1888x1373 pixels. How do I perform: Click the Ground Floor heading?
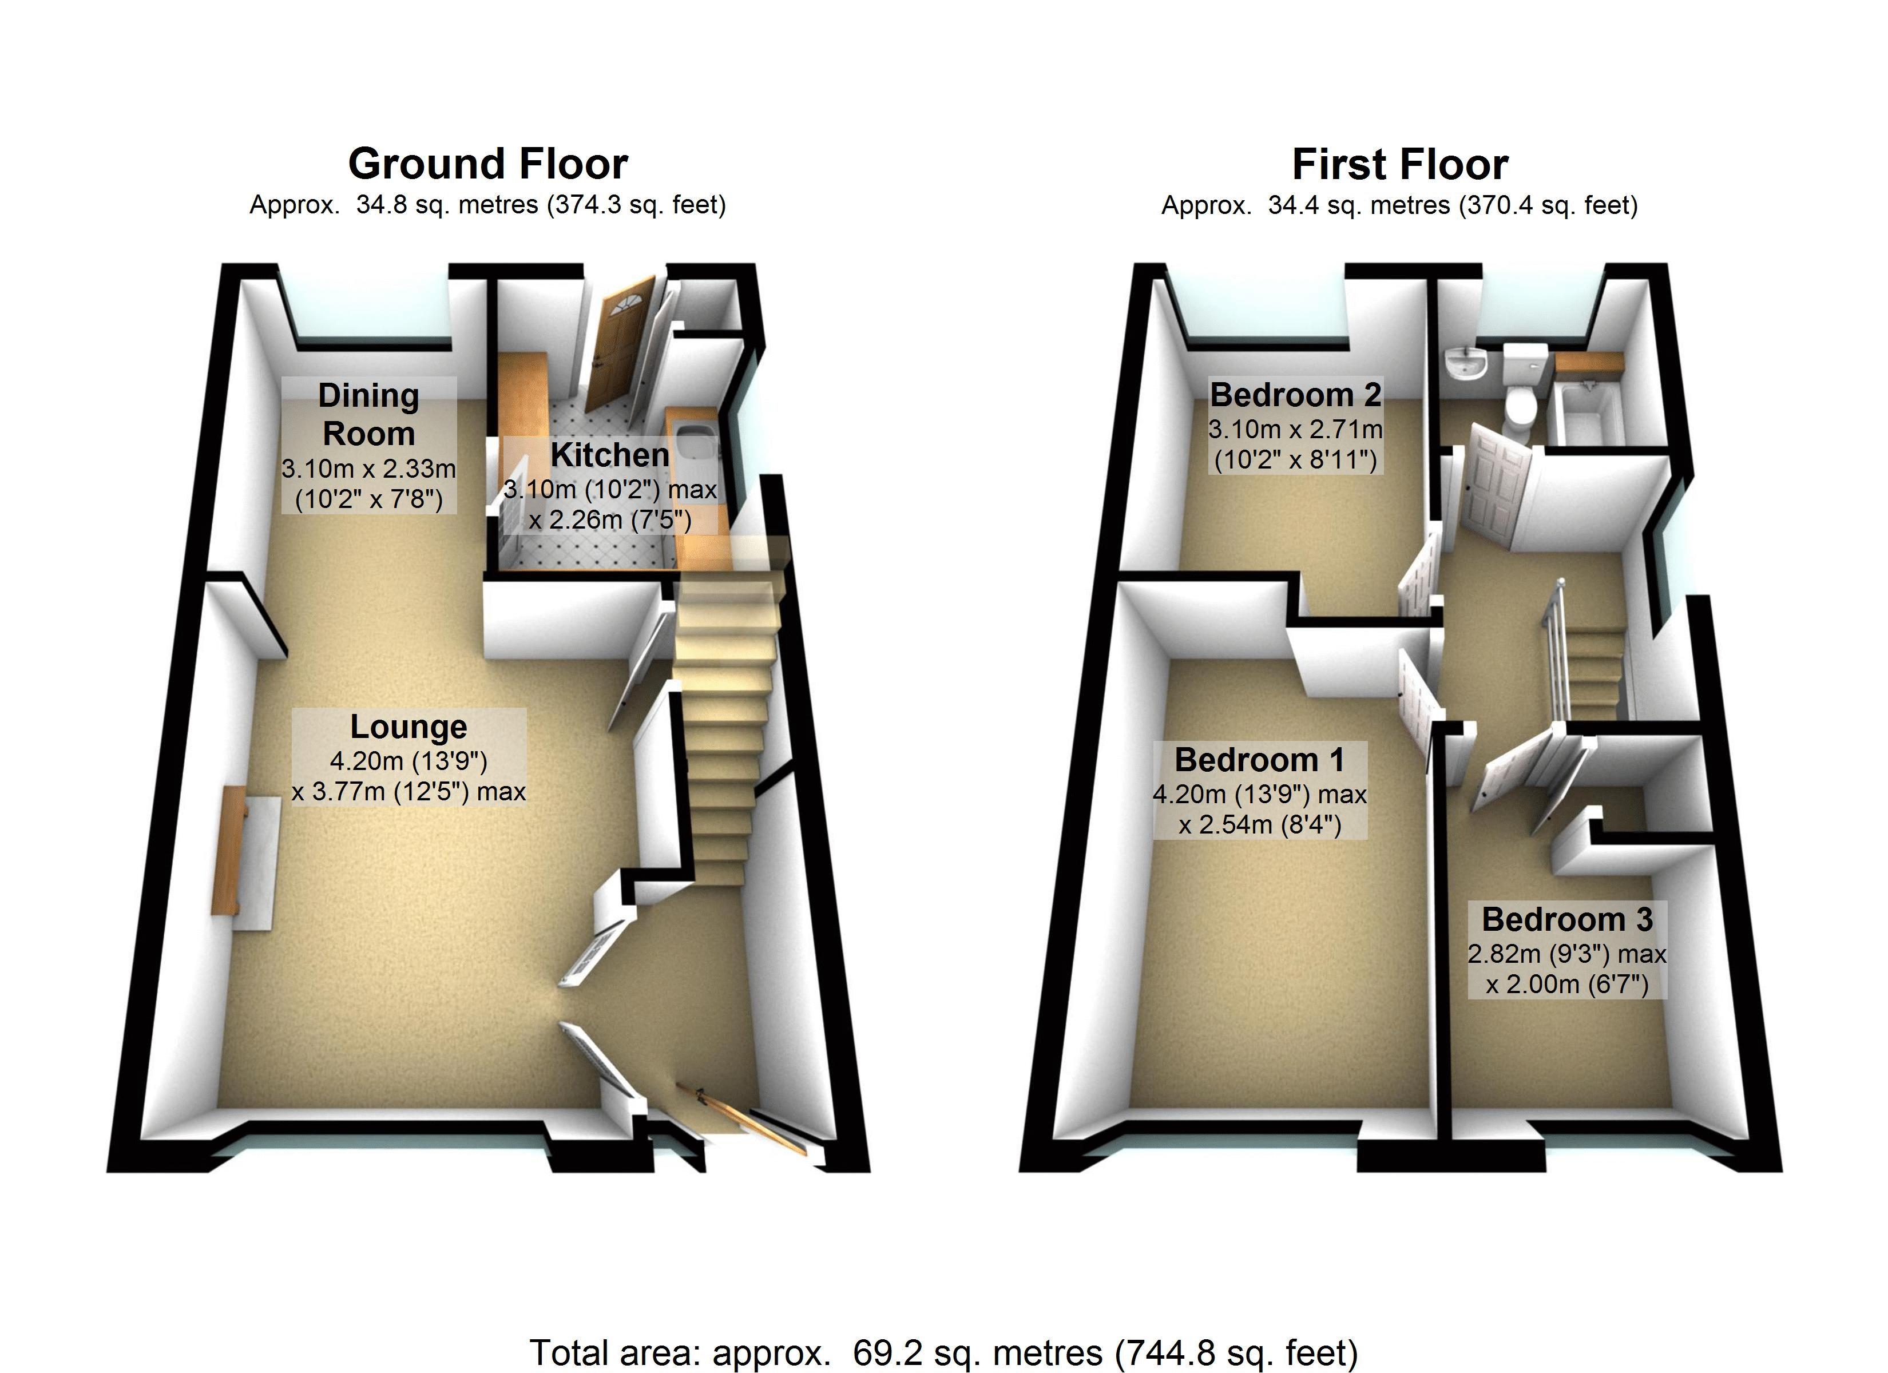click(x=488, y=164)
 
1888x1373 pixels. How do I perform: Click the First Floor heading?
click(x=1399, y=165)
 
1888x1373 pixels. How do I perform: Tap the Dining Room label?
click(x=369, y=415)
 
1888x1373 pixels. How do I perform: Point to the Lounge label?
click(x=408, y=727)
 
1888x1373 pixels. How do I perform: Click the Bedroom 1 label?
click(x=1259, y=760)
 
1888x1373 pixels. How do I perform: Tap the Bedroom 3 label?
click(x=1566, y=920)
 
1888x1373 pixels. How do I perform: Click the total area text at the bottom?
click(x=943, y=1352)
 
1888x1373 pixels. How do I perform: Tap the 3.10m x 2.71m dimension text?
click(x=1295, y=430)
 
